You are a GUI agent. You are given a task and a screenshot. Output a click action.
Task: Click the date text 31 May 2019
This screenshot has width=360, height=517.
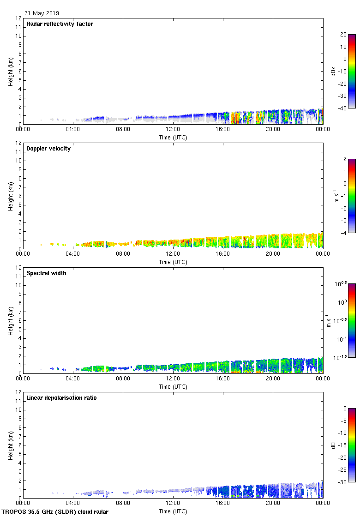[42, 13]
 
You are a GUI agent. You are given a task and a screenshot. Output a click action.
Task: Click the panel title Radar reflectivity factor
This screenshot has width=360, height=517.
[60, 24]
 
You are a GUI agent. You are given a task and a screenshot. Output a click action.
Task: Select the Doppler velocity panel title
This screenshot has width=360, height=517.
[48, 149]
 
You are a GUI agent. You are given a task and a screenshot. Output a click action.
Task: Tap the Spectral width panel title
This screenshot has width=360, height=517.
[46, 273]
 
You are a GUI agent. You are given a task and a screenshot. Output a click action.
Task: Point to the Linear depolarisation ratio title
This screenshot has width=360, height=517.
[61, 398]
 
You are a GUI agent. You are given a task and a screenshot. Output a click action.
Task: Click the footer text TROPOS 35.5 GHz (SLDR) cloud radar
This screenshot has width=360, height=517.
[55, 512]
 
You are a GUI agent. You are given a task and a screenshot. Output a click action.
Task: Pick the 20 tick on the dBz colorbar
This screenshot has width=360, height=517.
[343, 35]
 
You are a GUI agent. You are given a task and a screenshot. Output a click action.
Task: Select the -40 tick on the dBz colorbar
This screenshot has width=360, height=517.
[343, 108]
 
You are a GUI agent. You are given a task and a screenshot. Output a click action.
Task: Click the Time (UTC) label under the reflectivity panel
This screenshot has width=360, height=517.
[173, 137]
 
